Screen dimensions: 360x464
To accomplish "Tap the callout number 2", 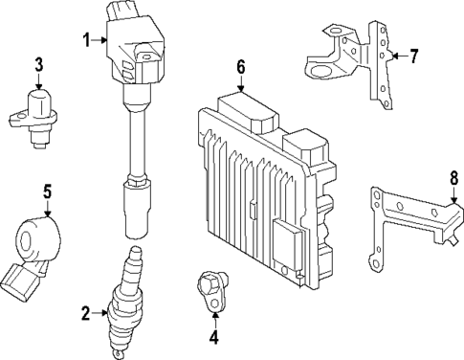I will [87, 313].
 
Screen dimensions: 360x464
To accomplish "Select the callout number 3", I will [38, 65].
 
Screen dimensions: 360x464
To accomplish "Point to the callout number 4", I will [213, 336].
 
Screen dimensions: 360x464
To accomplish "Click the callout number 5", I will [46, 191].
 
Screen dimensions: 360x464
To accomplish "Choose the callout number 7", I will [414, 56].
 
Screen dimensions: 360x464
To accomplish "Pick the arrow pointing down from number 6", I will [240, 84].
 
